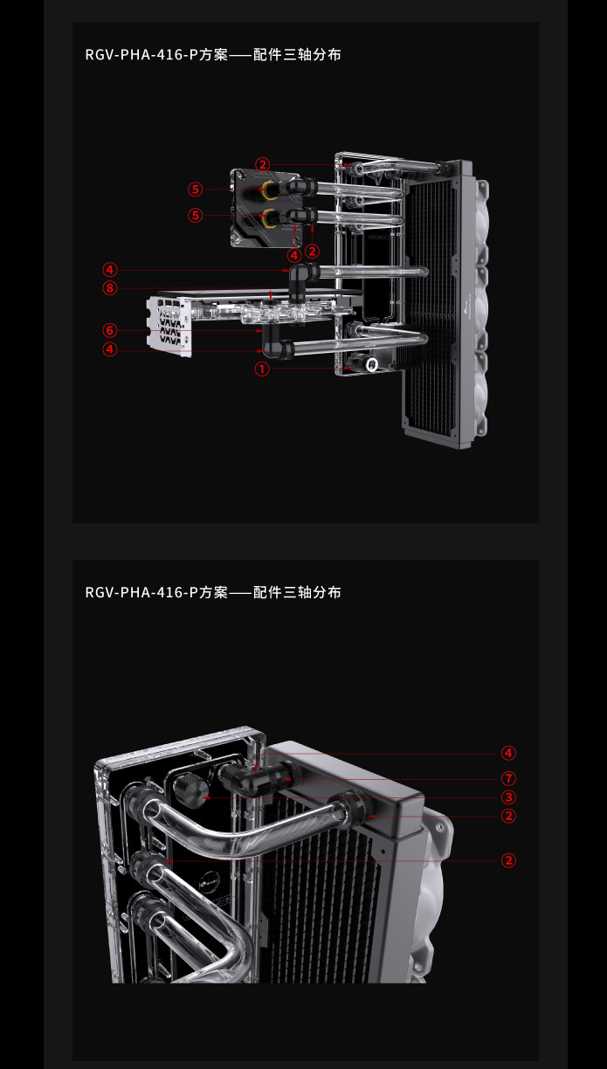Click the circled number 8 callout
point(110,287)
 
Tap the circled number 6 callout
point(110,330)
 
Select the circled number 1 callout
point(262,369)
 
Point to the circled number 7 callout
point(508,778)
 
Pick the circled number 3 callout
point(508,797)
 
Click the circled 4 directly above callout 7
point(508,753)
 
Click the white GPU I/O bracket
point(169,326)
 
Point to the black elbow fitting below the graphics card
point(276,342)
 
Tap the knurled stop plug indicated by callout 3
point(190,790)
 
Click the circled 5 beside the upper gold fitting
point(195,190)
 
